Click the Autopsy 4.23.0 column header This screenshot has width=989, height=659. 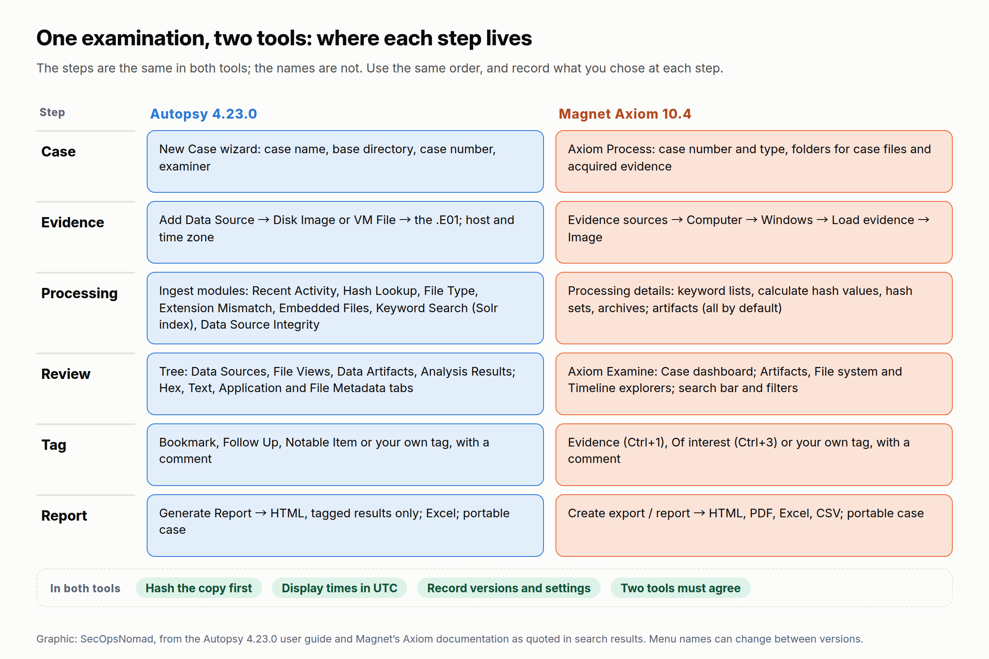pyautogui.click(x=204, y=114)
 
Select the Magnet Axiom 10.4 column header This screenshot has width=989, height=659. pyautogui.click(x=624, y=114)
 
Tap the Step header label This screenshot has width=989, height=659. pyautogui.click(x=52, y=112)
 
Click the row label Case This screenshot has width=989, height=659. pyautogui.click(x=59, y=151)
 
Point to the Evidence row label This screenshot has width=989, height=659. pyautogui.click(x=73, y=222)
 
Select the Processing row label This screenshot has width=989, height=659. pyautogui.click(x=80, y=293)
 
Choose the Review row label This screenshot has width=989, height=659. pyautogui.click(x=66, y=374)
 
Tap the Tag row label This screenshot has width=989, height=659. pyautogui.click(x=54, y=445)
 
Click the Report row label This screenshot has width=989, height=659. pyautogui.click(x=64, y=516)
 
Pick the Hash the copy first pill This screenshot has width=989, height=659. pyautogui.click(x=199, y=588)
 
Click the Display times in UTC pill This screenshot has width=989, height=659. pyautogui.click(x=339, y=588)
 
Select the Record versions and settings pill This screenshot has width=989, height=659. pyautogui.click(x=509, y=588)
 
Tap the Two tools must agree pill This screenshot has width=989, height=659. pyautogui.click(x=680, y=588)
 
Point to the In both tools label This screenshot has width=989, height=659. pyautogui.click(x=85, y=589)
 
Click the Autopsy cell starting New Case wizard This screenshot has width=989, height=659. pyautogui.click(x=345, y=161)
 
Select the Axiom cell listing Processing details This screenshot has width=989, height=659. pyautogui.click(x=754, y=308)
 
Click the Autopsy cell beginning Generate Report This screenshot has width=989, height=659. pyautogui.click(x=345, y=526)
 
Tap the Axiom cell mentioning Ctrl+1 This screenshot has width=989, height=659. pyautogui.click(x=754, y=455)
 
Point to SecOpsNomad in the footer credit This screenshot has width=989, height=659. pyautogui.click(x=117, y=639)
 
